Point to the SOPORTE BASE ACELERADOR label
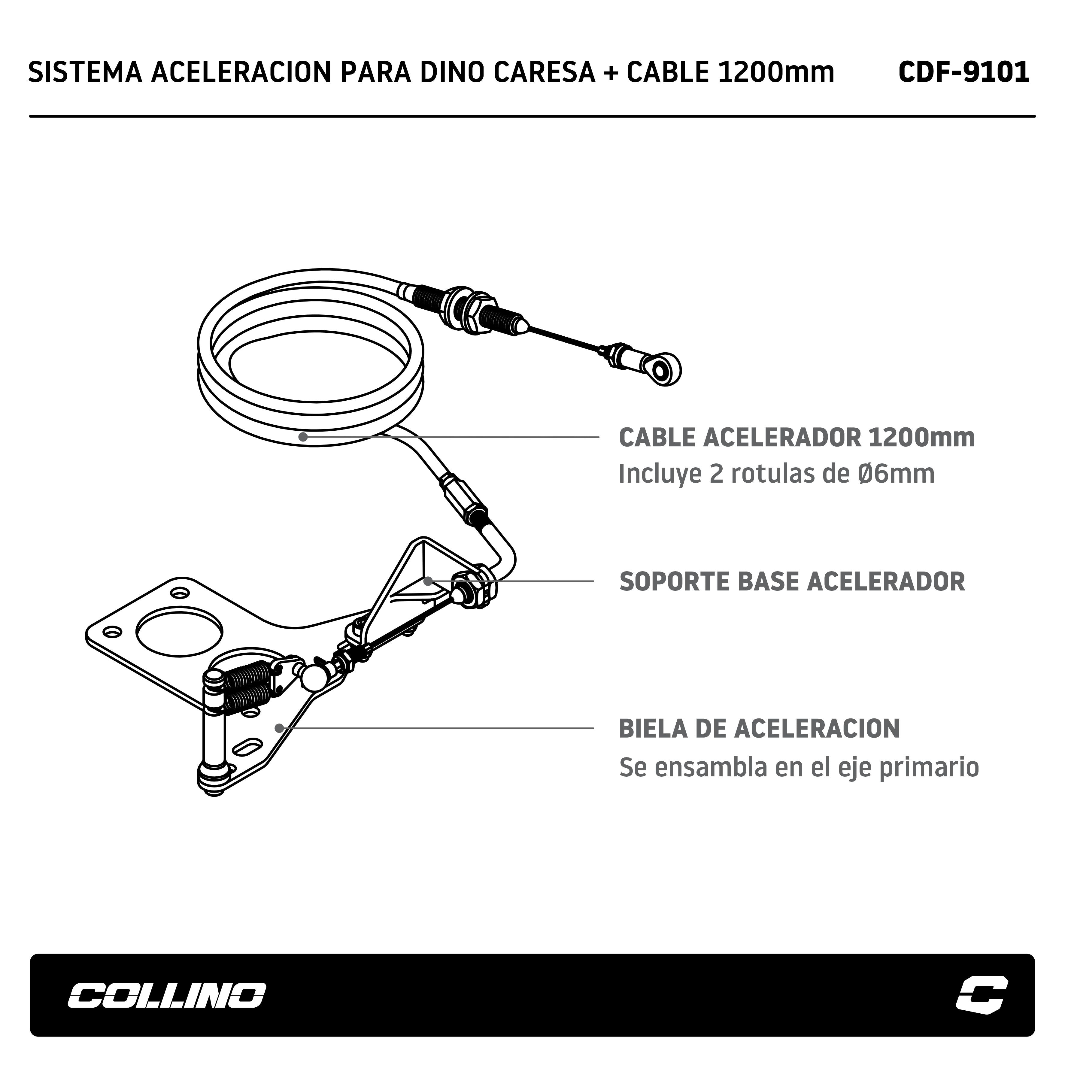point(792,581)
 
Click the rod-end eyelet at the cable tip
point(665,368)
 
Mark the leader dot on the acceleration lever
point(279,728)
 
